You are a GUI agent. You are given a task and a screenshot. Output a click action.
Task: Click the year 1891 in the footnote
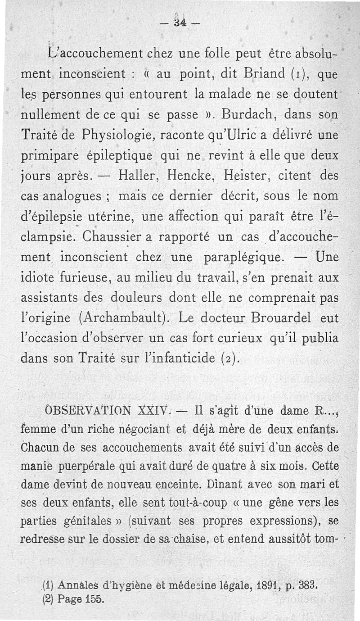(249, 588)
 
